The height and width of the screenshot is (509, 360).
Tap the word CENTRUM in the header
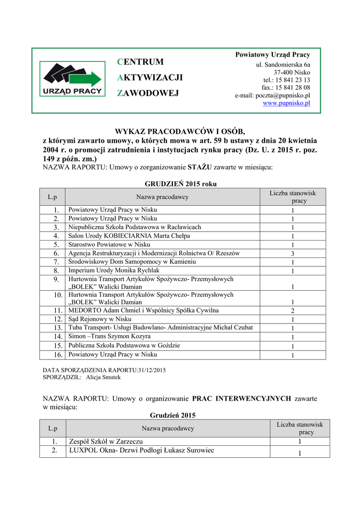click(141, 62)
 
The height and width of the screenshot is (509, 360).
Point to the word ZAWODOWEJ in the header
click(148, 93)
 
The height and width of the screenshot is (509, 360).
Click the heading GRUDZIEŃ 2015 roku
click(180, 184)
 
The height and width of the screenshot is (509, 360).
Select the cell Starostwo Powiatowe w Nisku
click(109, 245)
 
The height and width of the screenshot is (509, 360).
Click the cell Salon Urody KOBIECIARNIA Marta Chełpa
click(129, 236)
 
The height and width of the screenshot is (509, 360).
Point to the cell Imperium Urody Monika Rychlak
click(114, 270)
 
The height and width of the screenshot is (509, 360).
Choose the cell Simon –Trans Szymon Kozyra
click(110, 337)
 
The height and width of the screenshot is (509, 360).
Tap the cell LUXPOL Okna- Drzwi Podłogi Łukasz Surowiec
click(141, 450)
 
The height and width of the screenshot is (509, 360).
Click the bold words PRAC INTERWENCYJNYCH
click(242, 399)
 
